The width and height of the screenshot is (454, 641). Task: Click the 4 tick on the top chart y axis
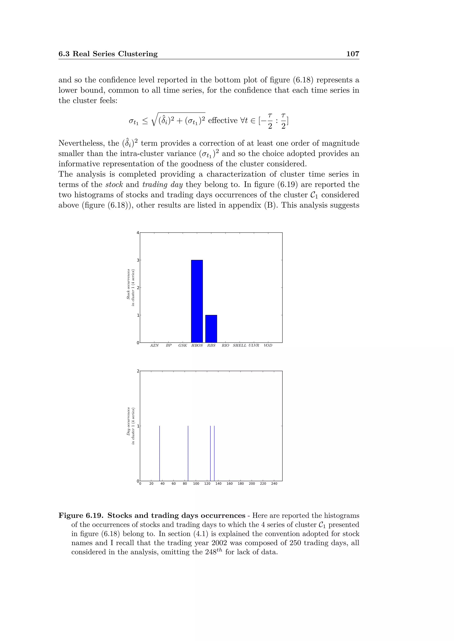(137, 233)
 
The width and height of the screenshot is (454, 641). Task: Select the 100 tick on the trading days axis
(196, 484)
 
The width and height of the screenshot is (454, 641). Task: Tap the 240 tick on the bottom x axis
(274, 484)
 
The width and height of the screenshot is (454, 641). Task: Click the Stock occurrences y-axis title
(131, 288)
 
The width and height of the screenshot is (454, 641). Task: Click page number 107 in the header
(352, 54)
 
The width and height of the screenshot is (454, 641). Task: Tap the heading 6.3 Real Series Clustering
(108, 54)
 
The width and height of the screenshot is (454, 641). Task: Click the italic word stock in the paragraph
(114, 185)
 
